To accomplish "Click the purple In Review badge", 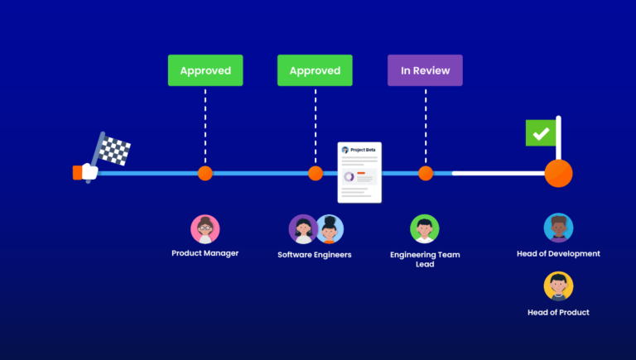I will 425,70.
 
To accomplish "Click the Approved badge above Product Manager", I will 205,70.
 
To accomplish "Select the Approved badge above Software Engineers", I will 315,70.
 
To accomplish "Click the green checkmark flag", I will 541,133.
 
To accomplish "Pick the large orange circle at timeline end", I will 558,174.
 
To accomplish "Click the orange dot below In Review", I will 426,174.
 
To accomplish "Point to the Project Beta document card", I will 359,173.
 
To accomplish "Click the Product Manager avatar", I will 205,229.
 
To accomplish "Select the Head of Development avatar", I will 558,228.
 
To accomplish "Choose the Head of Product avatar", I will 558,286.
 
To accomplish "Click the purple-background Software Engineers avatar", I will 302,229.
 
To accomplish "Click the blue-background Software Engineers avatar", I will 329,229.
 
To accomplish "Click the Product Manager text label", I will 205,253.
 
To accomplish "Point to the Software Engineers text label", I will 315,255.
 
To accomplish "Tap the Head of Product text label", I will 558,312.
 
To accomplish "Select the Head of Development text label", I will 558,253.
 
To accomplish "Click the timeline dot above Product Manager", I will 205,174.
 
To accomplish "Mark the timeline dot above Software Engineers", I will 316,174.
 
